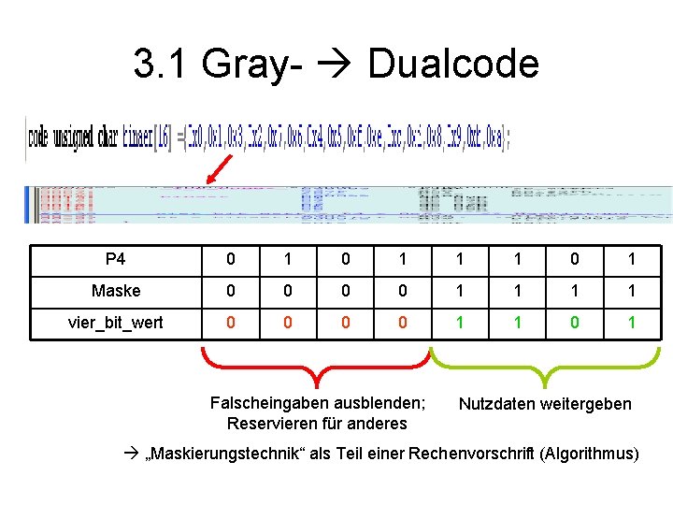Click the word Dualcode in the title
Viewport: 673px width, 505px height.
[x=453, y=65]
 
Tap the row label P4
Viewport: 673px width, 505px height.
[x=116, y=259]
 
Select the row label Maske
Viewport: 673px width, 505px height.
[x=116, y=291]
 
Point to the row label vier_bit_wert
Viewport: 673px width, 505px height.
[x=116, y=322]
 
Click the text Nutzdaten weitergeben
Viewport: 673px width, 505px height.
[x=545, y=404]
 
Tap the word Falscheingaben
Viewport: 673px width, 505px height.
[x=264, y=403]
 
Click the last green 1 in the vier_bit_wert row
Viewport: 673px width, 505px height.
[x=631, y=322]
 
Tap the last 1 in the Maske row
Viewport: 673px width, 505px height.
[x=631, y=291]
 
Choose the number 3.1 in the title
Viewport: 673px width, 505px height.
[x=164, y=65]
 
